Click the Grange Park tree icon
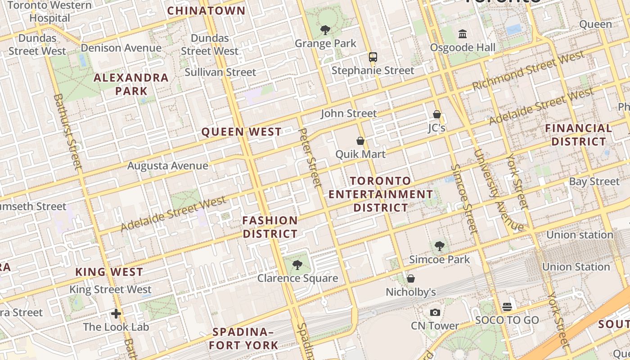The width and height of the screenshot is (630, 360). pyautogui.click(x=325, y=30)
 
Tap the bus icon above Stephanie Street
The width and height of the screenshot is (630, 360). pyautogui.click(x=373, y=57)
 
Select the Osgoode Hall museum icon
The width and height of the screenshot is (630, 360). pyautogui.click(x=462, y=34)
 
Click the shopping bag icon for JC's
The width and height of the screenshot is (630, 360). pyautogui.click(x=436, y=114)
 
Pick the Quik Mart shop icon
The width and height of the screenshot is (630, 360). pyautogui.click(x=360, y=141)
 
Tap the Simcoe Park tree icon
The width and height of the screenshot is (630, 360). pyautogui.click(x=439, y=246)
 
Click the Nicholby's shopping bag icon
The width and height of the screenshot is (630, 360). pyautogui.click(x=410, y=279)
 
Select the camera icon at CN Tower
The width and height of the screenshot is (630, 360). pyautogui.click(x=435, y=312)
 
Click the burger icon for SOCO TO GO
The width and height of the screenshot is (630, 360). pyautogui.click(x=507, y=307)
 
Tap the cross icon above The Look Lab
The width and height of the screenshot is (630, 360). pyautogui.click(x=116, y=313)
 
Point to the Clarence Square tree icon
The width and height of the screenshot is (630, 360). pyautogui.click(x=297, y=265)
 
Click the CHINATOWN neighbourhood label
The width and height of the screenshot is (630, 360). pyautogui.click(x=207, y=11)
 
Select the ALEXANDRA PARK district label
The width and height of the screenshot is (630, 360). pyautogui.click(x=131, y=84)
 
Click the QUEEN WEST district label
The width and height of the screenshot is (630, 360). pyautogui.click(x=242, y=132)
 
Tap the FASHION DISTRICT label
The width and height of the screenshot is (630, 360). pyautogui.click(x=270, y=227)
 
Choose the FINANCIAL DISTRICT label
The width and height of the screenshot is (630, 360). pyautogui.click(x=579, y=135)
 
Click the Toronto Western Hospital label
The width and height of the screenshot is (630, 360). pyautogui.click(x=49, y=12)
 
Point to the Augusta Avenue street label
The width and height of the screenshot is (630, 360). pyautogui.click(x=167, y=166)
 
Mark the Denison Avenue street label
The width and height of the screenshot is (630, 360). pyautogui.click(x=121, y=48)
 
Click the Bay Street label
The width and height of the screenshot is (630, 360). pyautogui.click(x=594, y=181)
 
